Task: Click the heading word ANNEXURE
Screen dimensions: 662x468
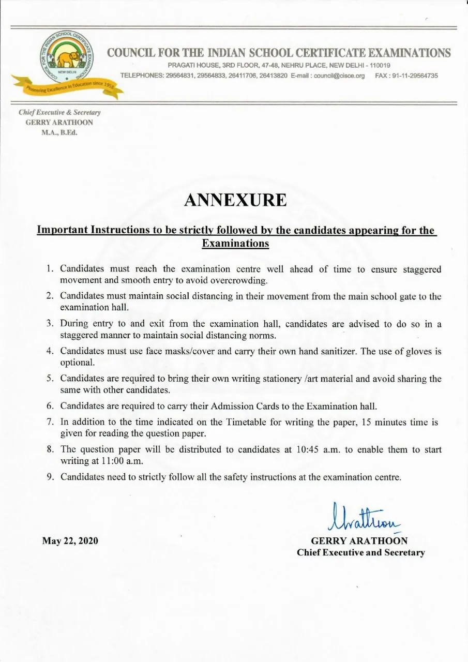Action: point(235,200)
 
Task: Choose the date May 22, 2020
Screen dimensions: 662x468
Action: point(70,541)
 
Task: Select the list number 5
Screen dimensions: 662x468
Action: point(50,379)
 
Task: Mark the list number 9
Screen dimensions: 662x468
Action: point(50,477)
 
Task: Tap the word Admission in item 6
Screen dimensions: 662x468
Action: point(198,406)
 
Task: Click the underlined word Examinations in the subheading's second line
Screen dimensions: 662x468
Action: point(235,243)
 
